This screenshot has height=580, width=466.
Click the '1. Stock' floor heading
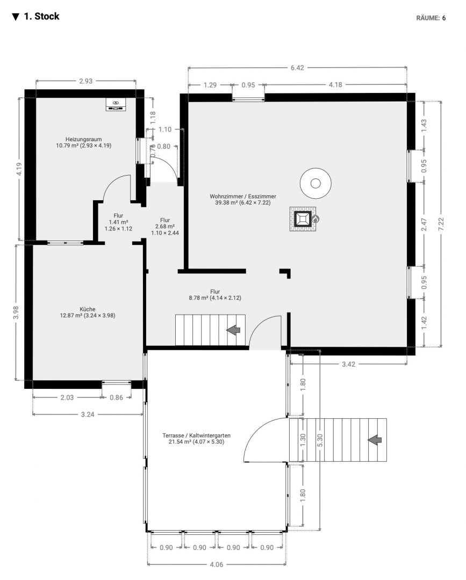(41, 17)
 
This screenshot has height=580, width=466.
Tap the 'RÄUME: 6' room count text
(431, 18)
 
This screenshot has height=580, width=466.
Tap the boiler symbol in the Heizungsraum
(116, 104)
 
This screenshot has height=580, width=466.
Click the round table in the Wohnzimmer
(316, 183)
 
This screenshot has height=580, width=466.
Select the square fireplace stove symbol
(303, 219)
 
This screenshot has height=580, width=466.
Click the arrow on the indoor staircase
(234, 330)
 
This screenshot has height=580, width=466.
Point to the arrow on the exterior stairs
(375, 440)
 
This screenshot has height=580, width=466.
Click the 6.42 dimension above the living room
(297, 68)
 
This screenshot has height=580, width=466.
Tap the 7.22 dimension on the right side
(440, 224)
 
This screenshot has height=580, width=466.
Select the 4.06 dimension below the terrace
(217, 564)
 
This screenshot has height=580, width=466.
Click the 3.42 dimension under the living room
(348, 364)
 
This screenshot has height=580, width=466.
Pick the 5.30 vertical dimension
(320, 440)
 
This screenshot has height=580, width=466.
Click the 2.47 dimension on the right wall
(424, 224)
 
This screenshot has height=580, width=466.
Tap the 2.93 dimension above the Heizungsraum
(86, 81)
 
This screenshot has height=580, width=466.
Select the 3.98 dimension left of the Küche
(16, 313)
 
